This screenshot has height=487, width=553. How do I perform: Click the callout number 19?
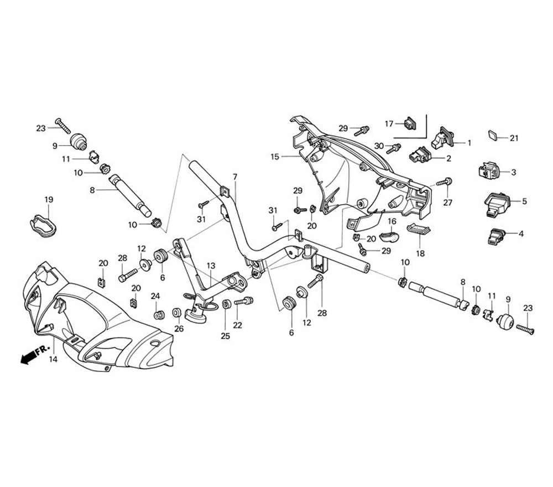point(49,199)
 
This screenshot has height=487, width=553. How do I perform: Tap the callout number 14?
point(53,359)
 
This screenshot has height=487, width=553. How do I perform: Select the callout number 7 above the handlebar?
point(234,177)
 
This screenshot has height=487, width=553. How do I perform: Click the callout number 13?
point(211,266)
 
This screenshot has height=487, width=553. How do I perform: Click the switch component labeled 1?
point(443,138)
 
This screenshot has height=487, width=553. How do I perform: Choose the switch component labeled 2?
point(420,156)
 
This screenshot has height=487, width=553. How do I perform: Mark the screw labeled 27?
point(445,182)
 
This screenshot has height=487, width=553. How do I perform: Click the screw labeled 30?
point(394,148)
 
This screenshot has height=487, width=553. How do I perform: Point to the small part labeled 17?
point(410,123)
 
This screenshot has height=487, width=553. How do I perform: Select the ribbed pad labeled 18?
point(418,229)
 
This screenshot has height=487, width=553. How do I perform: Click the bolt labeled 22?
point(243,301)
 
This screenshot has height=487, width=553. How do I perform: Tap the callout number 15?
point(275,157)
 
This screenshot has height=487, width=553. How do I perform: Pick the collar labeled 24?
point(159,315)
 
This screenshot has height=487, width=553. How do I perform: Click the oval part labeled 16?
point(390,238)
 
